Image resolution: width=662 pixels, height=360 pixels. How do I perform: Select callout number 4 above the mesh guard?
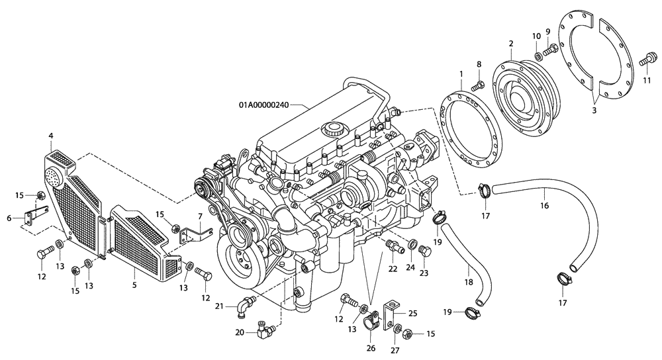pos(51,136)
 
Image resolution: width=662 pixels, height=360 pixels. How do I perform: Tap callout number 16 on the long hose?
pos(544,206)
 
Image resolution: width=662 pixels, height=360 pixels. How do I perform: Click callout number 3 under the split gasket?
pos(594,111)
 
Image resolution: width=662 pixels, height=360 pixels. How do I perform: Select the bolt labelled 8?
pos(479,85)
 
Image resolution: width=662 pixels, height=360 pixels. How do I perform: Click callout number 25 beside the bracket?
pos(412,313)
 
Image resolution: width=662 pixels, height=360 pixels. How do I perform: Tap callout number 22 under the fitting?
pos(393,269)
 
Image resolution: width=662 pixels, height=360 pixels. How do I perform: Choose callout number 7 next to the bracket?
pos(199,216)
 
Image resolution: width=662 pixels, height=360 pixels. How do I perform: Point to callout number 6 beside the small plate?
pos(9,218)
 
